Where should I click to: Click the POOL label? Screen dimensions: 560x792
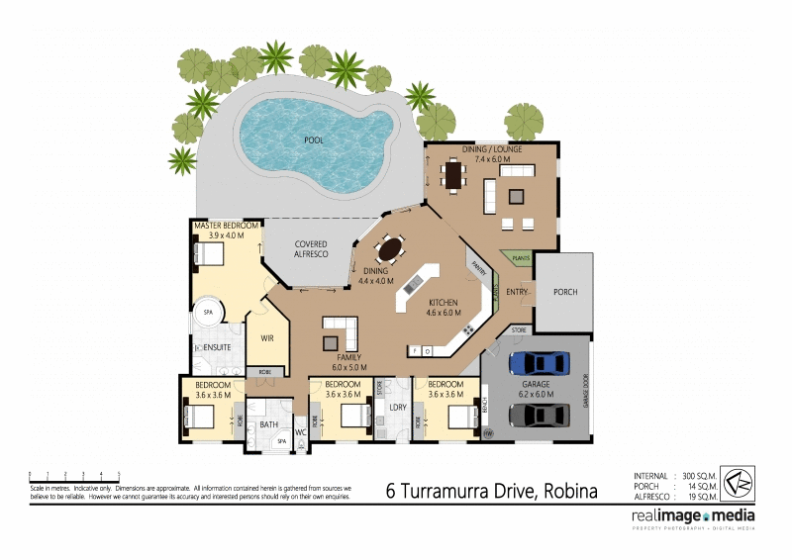click(314, 140)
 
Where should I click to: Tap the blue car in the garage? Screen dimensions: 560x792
click(535, 363)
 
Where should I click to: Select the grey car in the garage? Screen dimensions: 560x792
click(535, 418)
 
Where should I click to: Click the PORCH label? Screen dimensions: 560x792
click(564, 292)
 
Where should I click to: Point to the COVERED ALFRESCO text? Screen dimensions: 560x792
click(310, 249)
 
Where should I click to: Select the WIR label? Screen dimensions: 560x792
click(266, 338)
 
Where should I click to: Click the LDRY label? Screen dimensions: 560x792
click(399, 407)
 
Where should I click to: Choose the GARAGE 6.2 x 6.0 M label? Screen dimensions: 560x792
click(536, 388)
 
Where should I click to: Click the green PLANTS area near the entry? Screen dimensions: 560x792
click(521, 258)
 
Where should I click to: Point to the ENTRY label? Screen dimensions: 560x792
click(517, 292)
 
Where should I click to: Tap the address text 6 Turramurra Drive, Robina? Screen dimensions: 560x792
click(491, 490)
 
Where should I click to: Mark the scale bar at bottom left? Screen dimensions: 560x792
click(74, 476)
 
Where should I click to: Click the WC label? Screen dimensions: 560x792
click(300, 431)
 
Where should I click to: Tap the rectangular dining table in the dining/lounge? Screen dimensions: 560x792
click(454, 176)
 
